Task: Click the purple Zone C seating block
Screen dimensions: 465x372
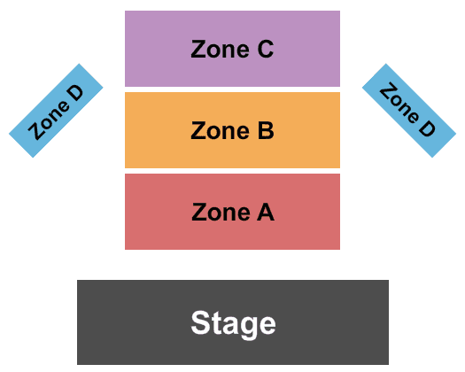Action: click(232, 49)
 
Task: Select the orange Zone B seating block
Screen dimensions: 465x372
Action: click(232, 130)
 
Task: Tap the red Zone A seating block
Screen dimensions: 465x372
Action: click(232, 212)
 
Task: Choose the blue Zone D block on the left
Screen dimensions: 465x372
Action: click(56, 111)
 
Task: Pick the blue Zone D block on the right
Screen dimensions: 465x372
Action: click(409, 111)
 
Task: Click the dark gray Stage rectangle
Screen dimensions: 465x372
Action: click(233, 322)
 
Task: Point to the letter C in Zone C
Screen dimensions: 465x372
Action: click(266, 49)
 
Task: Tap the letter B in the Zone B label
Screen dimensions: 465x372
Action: click(266, 130)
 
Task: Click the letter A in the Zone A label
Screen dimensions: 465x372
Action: click(266, 212)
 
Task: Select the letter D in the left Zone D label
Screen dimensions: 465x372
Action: click(74, 93)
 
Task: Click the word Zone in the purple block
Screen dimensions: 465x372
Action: click(220, 49)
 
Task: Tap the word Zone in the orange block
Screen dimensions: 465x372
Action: click(220, 130)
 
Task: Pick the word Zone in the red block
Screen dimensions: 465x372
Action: click(221, 212)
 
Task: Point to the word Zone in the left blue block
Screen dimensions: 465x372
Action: click(49, 120)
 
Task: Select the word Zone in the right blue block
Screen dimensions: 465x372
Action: click(399, 102)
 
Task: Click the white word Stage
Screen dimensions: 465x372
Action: click(234, 323)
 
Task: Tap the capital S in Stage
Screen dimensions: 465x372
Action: click(198, 322)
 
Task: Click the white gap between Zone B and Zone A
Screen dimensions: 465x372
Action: click(232, 171)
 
